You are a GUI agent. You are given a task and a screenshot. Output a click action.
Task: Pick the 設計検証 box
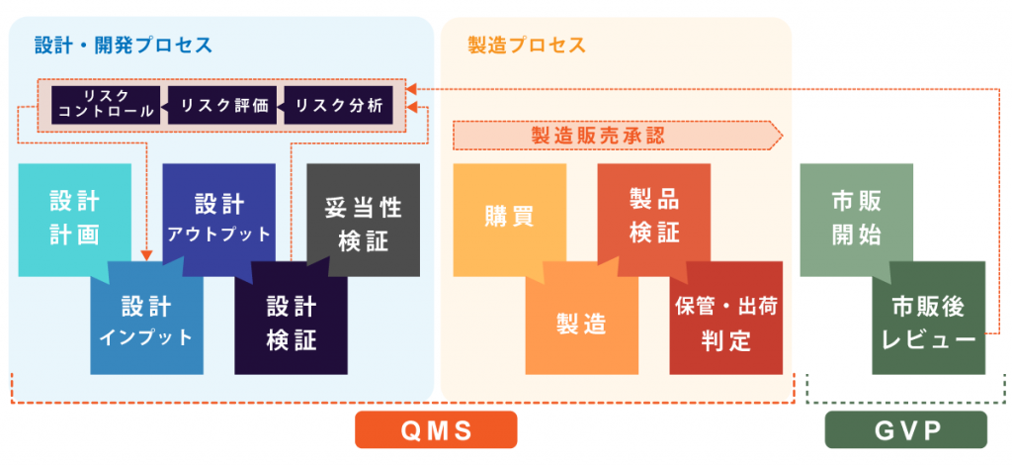pyautogui.click(x=291, y=323)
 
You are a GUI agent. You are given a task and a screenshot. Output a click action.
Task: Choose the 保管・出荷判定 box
pyautogui.click(x=726, y=323)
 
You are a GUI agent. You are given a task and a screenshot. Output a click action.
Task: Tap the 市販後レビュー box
pyautogui.click(x=928, y=322)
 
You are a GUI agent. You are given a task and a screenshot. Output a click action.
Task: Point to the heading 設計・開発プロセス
pyautogui.click(x=124, y=45)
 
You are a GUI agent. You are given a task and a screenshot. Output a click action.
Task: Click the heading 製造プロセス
pyautogui.click(x=527, y=45)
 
